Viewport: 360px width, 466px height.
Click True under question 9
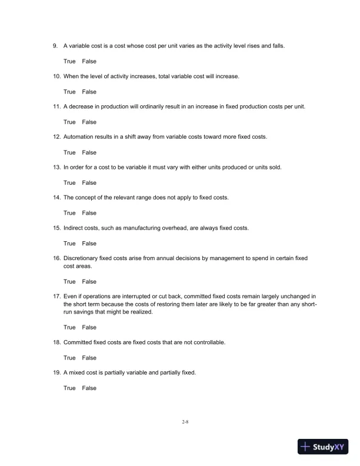point(69,61)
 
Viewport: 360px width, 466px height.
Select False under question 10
point(89,92)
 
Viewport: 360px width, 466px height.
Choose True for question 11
point(69,122)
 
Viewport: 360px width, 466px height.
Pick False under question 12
point(89,152)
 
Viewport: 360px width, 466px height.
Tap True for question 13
point(69,182)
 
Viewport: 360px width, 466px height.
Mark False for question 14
point(89,213)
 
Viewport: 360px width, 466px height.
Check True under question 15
point(69,243)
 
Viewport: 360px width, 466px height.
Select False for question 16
point(89,282)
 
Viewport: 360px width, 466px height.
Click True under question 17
point(69,327)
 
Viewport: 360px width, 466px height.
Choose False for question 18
point(89,358)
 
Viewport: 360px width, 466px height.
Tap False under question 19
point(89,388)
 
